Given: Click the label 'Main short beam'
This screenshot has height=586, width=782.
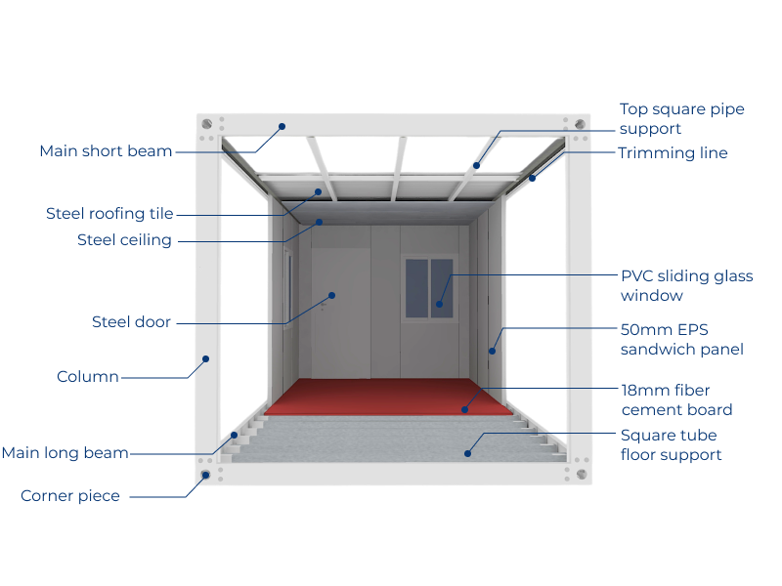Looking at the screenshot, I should [x=106, y=151].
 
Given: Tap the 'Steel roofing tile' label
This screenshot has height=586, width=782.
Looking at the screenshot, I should [x=109, y=214].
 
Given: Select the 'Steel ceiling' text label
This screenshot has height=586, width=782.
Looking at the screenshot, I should [x=124, y=240].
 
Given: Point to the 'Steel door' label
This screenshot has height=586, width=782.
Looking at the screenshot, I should [x=131, y=322].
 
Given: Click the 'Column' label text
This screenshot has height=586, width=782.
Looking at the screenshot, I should [x=88, y=377].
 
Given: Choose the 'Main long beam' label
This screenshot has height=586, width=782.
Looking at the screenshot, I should [x=65, y=453].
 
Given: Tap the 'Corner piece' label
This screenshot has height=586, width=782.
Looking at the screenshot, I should [x=70, y=496].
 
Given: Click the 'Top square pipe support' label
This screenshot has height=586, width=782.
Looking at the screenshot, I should [x=681, y=118].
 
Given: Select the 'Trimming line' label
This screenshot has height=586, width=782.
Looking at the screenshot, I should [x=673, y=153].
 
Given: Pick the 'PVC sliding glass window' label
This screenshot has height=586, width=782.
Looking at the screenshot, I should [x=686, y=285].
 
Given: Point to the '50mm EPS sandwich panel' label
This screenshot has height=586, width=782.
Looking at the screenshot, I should [x=681, y=339].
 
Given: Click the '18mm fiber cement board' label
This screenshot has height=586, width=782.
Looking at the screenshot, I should [x=676, y=399].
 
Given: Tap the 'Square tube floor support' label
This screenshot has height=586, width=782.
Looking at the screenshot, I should [x=671, y=445].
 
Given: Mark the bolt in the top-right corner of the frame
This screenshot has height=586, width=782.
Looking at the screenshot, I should [x=580, y=125].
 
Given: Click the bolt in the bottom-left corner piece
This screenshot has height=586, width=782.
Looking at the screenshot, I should [x=206, y=476].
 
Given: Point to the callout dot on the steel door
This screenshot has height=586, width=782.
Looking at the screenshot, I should [x=331, y=294].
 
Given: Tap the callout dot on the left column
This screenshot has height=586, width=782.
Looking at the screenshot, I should [x=206, y=358].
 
